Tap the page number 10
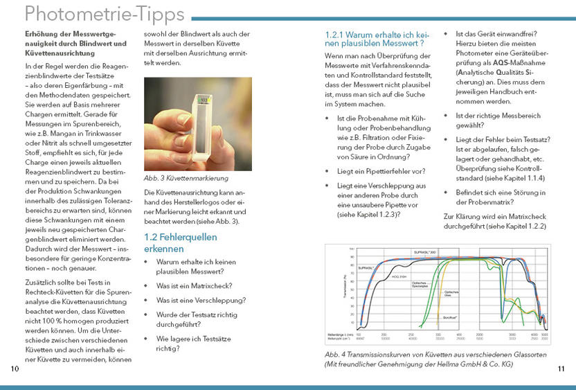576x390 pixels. pyautogui.click(x=15, y=368)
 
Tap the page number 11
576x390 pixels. pyautogui.click(x=561, y=368)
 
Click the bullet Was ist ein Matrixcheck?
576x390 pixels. pyautogui.click(x=194, y=285)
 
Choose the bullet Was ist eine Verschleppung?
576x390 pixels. pyautogui.click(x=201, y=300)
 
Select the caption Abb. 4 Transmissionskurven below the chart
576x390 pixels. pyautogui.click(x=415, y=359)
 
